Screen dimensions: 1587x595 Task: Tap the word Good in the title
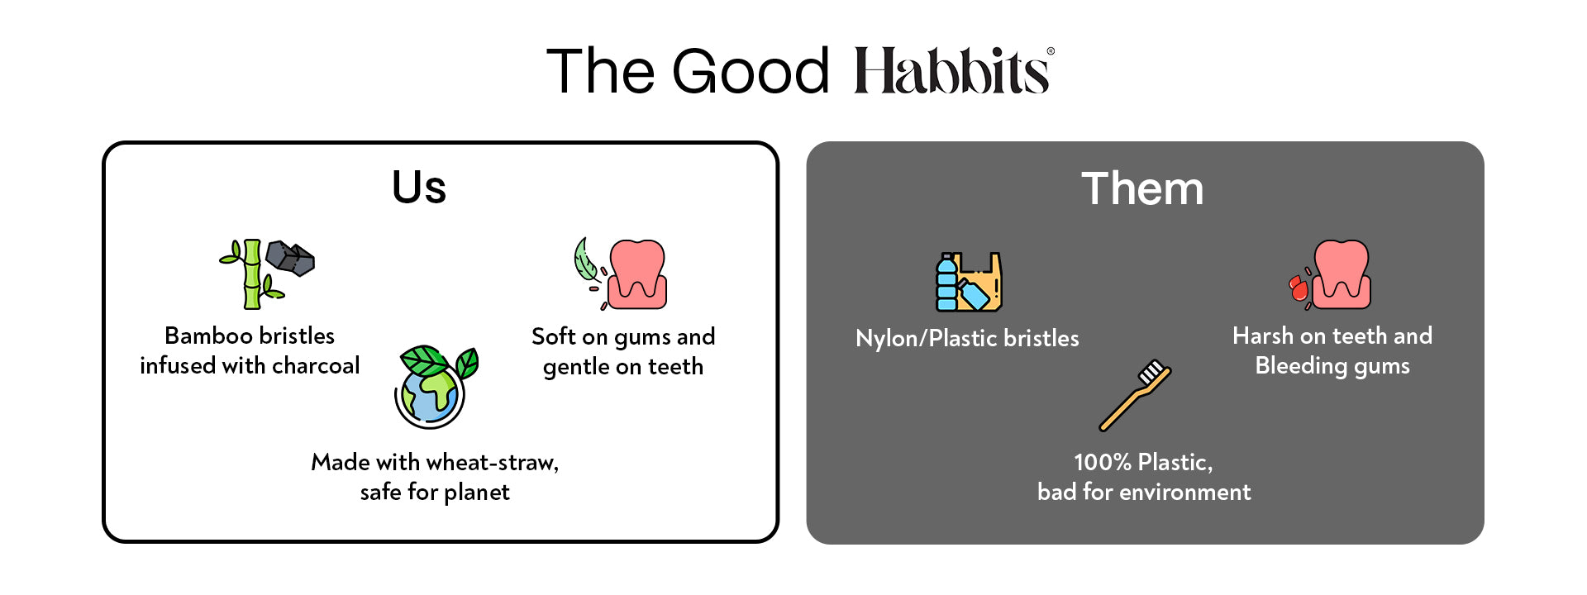[x=751, y=71]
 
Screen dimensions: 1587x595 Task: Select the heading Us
[x=419, y=187]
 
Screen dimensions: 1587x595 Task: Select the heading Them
[x=1142, y=188]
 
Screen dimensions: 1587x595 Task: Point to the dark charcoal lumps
[x=290, y=258]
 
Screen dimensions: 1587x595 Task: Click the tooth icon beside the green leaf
[x=636, y=274]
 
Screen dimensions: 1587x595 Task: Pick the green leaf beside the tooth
[x=586, y=261]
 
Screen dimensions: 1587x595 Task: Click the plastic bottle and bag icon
[x=969, y=282]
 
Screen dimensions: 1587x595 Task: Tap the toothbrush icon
[x=1135, y=395]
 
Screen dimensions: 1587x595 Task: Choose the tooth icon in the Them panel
[x=1341, y=274]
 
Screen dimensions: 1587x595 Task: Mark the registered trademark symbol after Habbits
[x=1051, y=51]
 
